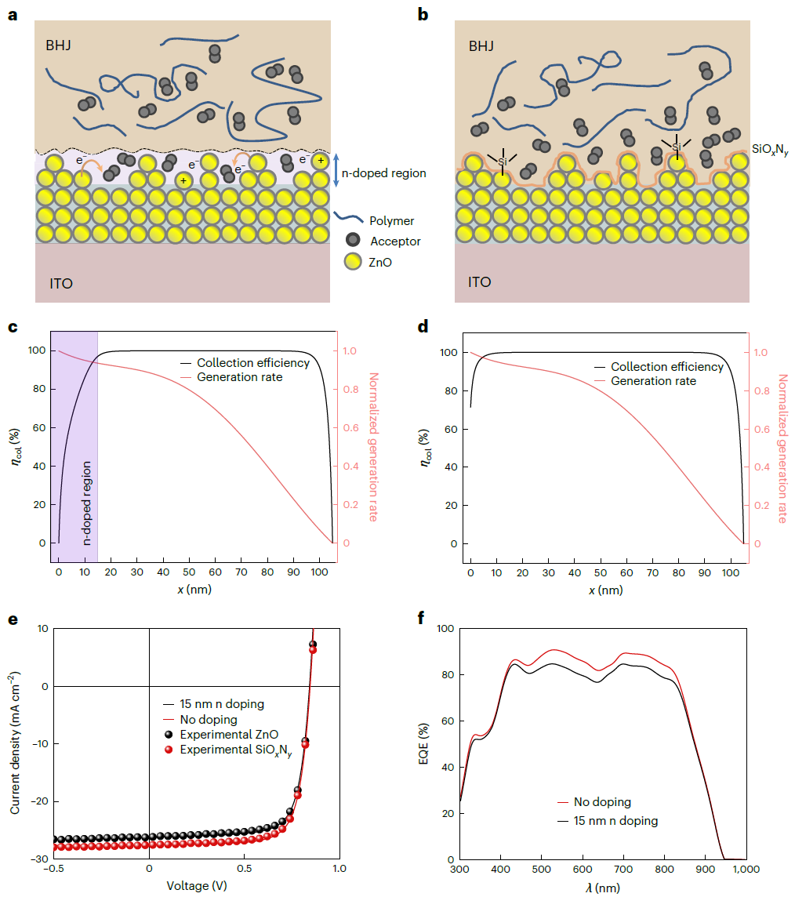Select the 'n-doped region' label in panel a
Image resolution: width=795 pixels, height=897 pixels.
384,172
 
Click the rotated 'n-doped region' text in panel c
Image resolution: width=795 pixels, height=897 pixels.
88,492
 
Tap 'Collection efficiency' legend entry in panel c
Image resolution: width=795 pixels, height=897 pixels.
252,363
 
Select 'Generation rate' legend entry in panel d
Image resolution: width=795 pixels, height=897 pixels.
653,381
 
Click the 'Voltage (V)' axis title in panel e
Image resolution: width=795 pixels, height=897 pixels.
198,886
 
